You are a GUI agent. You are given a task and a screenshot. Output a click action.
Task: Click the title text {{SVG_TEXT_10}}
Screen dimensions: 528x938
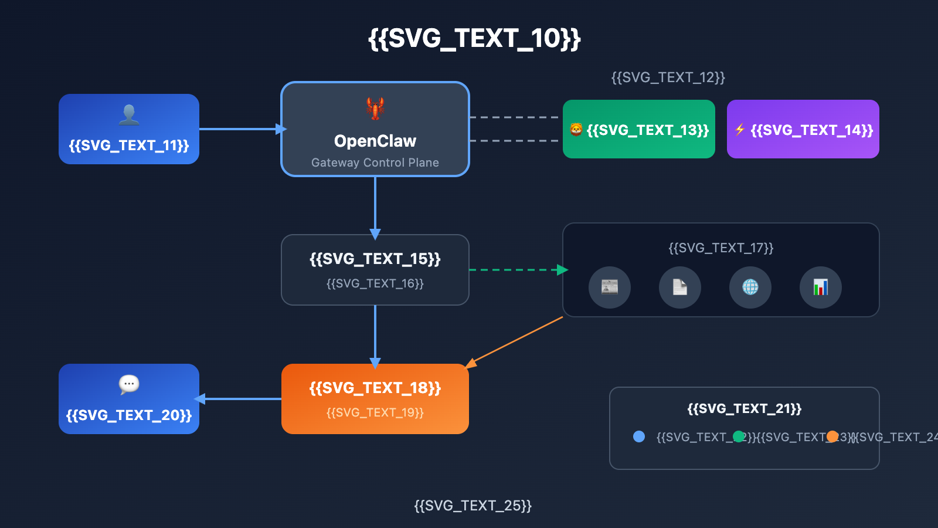[x=474, y=39]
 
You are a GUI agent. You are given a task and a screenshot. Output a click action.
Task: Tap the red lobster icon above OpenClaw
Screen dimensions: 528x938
[x=375, y=109]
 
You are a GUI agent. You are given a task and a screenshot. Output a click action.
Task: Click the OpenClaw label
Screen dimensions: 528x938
[x=375, y=141]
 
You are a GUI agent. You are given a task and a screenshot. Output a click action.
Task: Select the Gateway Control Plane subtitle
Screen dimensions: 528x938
[x=375, y=163]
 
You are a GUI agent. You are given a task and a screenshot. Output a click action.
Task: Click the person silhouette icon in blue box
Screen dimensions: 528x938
[x=129, y=114]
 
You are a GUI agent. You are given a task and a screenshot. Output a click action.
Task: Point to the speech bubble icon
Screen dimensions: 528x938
[x=129, y=384]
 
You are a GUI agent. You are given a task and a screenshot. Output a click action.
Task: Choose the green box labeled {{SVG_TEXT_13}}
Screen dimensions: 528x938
[x=639, y=129]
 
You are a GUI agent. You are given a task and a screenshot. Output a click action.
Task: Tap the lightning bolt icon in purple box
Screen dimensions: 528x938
[x=740, y=129]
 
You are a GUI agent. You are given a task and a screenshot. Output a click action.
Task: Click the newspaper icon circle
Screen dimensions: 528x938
[x=610, y=287]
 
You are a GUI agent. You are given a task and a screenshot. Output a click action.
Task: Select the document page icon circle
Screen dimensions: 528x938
[x=680, y=287]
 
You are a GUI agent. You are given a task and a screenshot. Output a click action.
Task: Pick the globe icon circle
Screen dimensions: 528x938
[x=750, y=287]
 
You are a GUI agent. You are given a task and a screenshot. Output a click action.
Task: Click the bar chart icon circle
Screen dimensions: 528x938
[x=821, y=287]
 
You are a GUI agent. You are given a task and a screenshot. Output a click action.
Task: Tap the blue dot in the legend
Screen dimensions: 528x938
[x=639, y=436]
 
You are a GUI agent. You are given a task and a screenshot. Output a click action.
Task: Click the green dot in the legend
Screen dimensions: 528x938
[x=739, y=436]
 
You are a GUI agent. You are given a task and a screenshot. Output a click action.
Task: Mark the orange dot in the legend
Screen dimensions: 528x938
[x=832, y=436]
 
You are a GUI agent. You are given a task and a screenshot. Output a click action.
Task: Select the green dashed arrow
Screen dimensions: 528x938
[x=516, y=270]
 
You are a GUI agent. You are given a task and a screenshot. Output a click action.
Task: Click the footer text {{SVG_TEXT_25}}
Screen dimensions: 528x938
[x=473, y=506]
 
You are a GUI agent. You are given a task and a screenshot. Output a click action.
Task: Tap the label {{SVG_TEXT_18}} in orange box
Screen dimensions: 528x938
[x=375, y=388]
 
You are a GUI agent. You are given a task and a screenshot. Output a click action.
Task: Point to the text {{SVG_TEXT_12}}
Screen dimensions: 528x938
[x=668, y=77]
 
